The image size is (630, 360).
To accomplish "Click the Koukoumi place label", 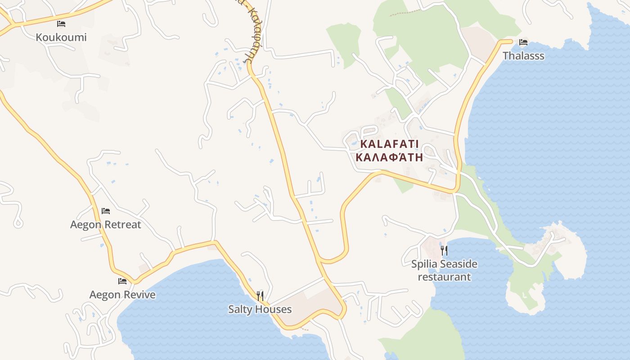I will point(61,37).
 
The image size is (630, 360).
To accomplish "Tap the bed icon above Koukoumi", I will point(61,23).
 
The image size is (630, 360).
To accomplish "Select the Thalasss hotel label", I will point(523,56).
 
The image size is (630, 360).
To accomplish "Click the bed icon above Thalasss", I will point(523,42).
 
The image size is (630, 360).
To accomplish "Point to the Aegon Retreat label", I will point(106,225).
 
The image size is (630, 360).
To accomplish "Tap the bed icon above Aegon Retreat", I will point(106,211).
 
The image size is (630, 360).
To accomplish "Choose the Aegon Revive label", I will point(122,295).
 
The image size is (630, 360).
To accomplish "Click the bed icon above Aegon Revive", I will point(122,281).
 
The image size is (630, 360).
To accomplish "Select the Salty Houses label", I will point(260,310).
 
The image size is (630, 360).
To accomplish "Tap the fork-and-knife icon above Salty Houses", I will point(260,296).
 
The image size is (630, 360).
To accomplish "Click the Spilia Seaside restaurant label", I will point(444,270).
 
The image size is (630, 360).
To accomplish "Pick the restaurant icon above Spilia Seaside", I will point(444,250).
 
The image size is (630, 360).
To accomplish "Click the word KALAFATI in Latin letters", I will point(390,144).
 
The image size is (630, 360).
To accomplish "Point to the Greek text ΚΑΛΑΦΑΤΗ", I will point(390,157).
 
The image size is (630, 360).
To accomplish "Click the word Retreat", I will point(122,225).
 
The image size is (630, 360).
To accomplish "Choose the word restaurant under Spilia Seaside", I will point(444,277).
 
